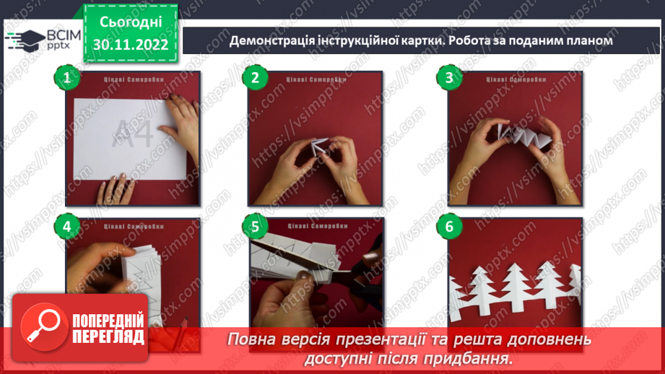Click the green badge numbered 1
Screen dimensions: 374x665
[x=67, y=79]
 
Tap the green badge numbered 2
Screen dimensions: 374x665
[x=254, y=79]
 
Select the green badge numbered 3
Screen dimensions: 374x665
[x=449, y=79]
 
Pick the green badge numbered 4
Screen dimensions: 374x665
[x=67, y=227]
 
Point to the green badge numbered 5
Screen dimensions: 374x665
[x=254, y=227]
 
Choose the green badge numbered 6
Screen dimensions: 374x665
[x=449, y=227]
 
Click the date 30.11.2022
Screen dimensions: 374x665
[x=131, y=45]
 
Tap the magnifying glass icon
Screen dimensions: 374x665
[x=41, y=327]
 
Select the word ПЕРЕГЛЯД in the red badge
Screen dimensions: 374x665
[x=108, y=336]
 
